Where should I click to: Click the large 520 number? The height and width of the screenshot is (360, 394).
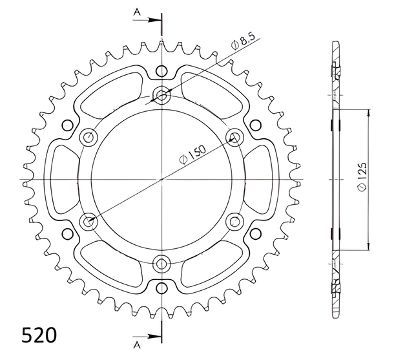pos(39,335)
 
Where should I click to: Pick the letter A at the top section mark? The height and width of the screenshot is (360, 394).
pos(137,12)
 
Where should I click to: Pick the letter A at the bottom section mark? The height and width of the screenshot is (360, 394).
pos(137,346)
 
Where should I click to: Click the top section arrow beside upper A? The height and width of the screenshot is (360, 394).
pos(147,20)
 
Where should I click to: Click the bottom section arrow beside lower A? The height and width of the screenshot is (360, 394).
pos(147,336)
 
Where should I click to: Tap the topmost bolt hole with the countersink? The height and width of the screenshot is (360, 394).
pos(161,95)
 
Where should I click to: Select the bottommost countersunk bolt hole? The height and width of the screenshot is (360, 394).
pos(161,264)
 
